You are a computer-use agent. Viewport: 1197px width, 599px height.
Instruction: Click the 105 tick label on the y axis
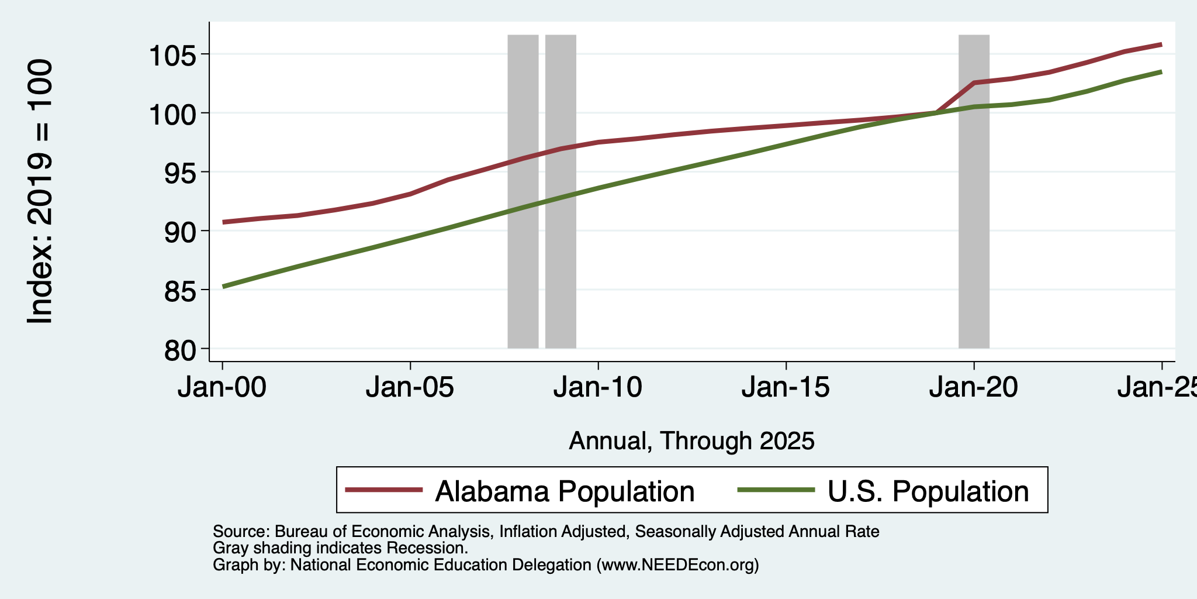tap(173, 56)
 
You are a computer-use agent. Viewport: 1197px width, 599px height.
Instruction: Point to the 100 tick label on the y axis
tap(173, 115)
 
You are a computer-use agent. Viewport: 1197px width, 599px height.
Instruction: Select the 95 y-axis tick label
tap(181, 174)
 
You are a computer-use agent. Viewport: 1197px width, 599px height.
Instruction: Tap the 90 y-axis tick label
tap(181, 233)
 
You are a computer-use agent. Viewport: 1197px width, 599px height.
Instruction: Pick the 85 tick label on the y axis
tap(181, 291)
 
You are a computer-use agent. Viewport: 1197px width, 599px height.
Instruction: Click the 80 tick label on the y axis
tap(181, 350)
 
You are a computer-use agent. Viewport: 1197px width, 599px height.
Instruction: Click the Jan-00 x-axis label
tap(222, 388)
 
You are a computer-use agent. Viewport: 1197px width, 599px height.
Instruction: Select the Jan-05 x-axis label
tap(410, 388)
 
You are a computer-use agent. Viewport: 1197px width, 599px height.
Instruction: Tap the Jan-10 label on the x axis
tap(598, 388)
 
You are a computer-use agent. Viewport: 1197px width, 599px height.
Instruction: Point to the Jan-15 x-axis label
tap(786, 388)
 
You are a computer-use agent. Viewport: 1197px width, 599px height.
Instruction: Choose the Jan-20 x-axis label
tap(974, 388)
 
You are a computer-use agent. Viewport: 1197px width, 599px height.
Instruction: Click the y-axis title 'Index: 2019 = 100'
tap(40, 191)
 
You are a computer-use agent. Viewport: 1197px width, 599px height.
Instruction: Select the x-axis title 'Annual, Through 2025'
tap(691, 441)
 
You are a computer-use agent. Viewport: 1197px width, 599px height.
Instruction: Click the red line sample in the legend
tap(383, 490)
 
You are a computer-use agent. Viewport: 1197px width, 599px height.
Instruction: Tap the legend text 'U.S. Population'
tap(928, 491)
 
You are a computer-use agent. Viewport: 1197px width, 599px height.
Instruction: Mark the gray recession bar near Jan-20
tap(974, 191)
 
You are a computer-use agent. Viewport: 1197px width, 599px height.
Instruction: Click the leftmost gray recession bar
tap(523, 191)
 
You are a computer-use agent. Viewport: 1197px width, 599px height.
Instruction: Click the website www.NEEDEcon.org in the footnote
tap(677, 565)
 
